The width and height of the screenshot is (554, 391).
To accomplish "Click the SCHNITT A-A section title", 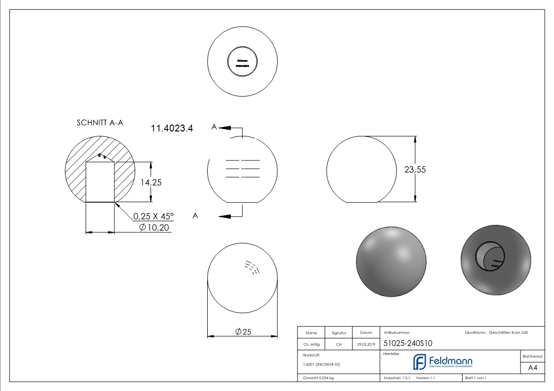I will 100,123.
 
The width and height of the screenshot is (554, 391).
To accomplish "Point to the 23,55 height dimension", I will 415,169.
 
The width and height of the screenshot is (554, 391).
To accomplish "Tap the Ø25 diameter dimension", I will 243,332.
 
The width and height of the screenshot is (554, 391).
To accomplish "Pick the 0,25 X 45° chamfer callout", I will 153,216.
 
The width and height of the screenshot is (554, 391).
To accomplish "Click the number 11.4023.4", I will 172,129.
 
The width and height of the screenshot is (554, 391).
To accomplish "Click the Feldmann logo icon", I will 419,362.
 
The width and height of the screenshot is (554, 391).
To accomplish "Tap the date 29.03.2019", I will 366,345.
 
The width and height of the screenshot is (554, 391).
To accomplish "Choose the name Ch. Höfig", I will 311,345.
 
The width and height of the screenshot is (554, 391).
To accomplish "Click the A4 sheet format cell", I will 533,368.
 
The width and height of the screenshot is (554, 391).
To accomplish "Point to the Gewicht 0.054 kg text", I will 318,378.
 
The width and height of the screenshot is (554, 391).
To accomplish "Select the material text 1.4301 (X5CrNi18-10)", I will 322,364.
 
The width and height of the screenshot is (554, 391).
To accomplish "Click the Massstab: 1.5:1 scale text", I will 397,378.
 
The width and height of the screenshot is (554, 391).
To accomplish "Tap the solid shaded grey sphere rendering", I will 391,262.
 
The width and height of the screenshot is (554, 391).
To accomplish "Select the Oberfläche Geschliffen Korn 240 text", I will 496,333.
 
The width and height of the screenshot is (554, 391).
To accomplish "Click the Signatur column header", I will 339,333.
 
